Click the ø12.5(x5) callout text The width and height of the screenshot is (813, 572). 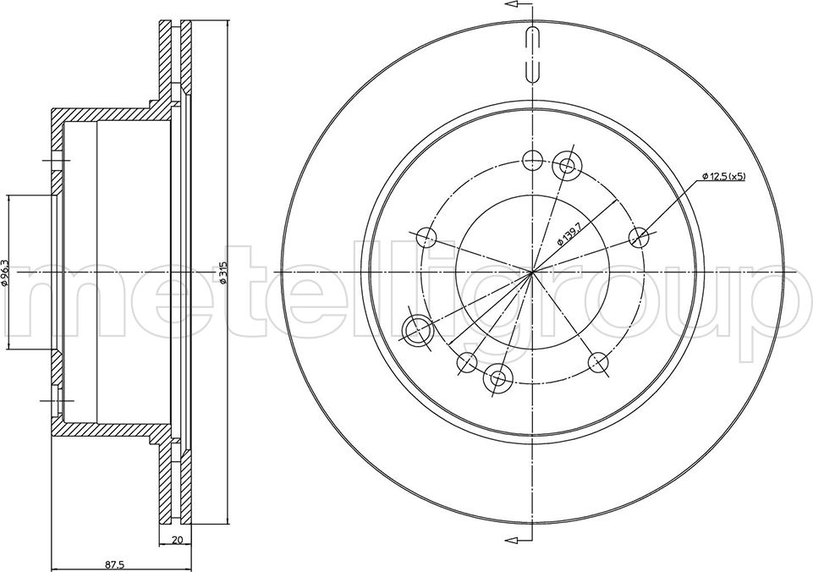[724, 176]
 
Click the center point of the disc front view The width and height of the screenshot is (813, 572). [532, 272]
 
